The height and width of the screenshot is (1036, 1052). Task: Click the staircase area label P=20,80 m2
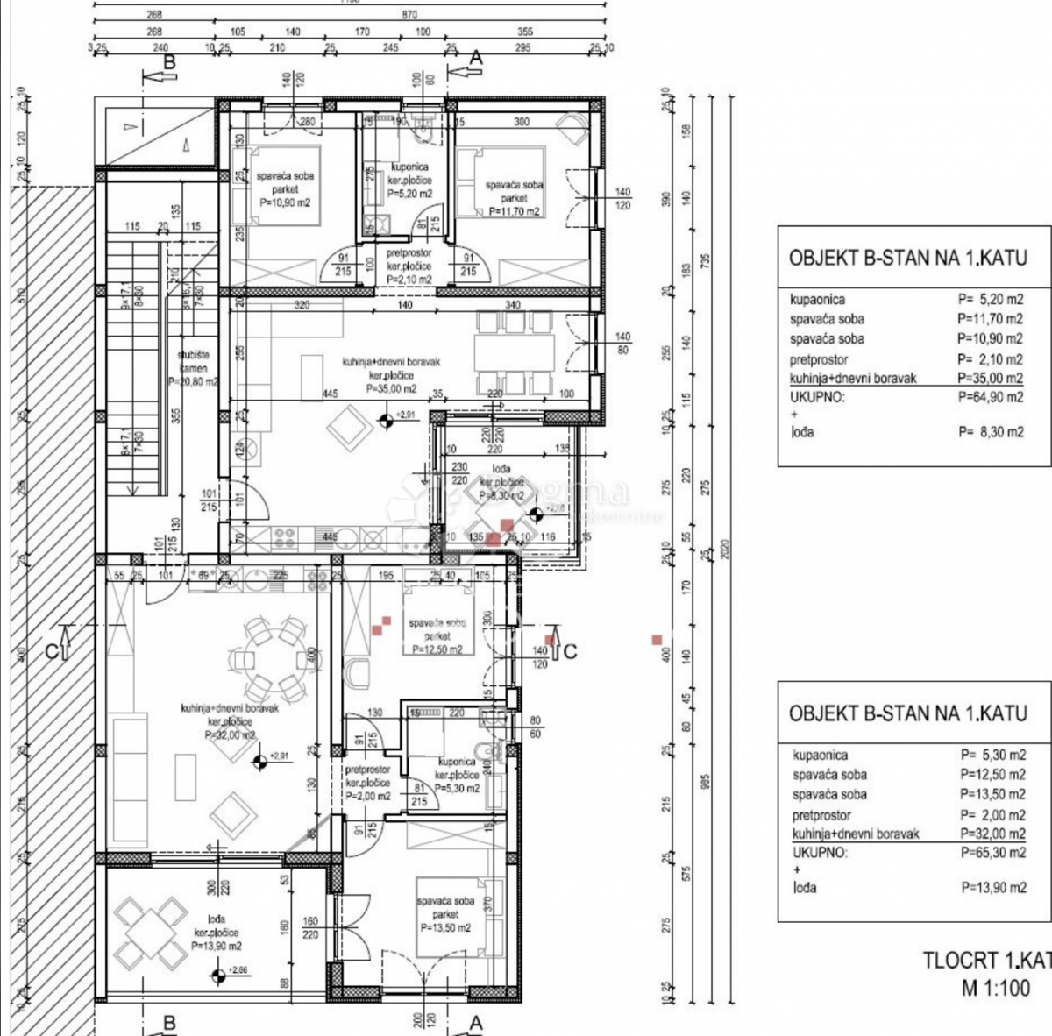point(193,381)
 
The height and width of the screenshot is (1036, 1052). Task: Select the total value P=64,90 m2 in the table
point(990,397)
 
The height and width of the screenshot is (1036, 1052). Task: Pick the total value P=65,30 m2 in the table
point(992,852)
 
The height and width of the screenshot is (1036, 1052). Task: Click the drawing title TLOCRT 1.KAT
point(986,960)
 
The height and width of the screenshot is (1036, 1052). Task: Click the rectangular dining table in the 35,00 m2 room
point(515,353)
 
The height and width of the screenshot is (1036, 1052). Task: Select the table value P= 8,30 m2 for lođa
point(990,432)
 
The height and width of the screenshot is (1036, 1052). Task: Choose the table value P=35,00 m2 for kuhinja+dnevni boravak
point(990,379)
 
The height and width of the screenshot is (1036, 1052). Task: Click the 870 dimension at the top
point(409,15)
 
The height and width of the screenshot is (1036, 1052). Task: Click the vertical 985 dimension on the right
point(707,780)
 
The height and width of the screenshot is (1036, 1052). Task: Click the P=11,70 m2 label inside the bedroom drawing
point(515,211)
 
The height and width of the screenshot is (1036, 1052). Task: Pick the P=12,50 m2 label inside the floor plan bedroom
point(437,649)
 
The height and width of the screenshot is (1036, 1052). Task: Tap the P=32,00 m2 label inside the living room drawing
point(230,734)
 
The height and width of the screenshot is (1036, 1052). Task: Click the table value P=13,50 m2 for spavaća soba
point(992,794)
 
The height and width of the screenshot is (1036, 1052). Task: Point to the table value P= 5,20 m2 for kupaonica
point(990,299)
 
